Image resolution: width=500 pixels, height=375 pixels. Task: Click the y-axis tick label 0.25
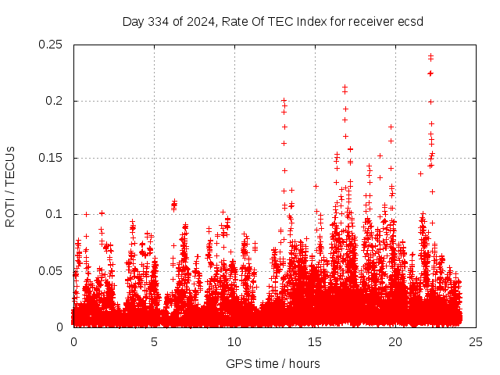(51, 45)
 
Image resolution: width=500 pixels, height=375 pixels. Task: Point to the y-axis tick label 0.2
(54, 101)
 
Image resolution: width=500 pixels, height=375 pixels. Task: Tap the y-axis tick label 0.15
(51, 158)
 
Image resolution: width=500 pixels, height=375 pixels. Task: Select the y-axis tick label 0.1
(54, 214)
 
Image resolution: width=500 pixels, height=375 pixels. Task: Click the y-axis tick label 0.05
(51, 271)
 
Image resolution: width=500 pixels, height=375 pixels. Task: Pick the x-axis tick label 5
(154, 341)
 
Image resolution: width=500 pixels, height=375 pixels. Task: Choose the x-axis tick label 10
(234, 341)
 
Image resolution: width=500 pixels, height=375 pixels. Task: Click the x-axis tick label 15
(315, 341)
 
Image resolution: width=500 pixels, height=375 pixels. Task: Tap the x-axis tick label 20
(395, 341)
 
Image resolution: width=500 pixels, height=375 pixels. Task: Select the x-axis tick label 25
(476, 341)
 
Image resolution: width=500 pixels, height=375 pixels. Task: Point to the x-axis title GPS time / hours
(273, 363)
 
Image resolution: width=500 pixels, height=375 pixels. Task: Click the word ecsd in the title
(410, 21)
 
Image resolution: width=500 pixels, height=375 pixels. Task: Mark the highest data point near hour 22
(430, 55)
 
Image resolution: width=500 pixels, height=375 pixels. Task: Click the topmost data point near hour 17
(345, 87)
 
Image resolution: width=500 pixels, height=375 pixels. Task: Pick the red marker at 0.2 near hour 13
(284, 101)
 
